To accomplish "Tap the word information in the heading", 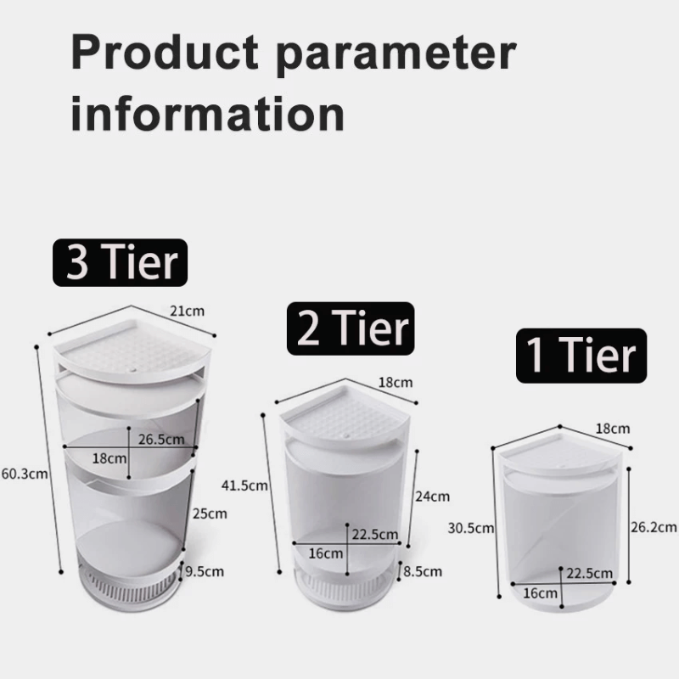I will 208,113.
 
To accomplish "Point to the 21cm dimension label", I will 188,311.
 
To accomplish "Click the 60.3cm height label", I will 23,474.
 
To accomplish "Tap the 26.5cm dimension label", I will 160,439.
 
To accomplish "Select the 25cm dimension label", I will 210,513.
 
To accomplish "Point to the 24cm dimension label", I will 434,497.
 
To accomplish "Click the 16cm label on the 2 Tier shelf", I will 326,553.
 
